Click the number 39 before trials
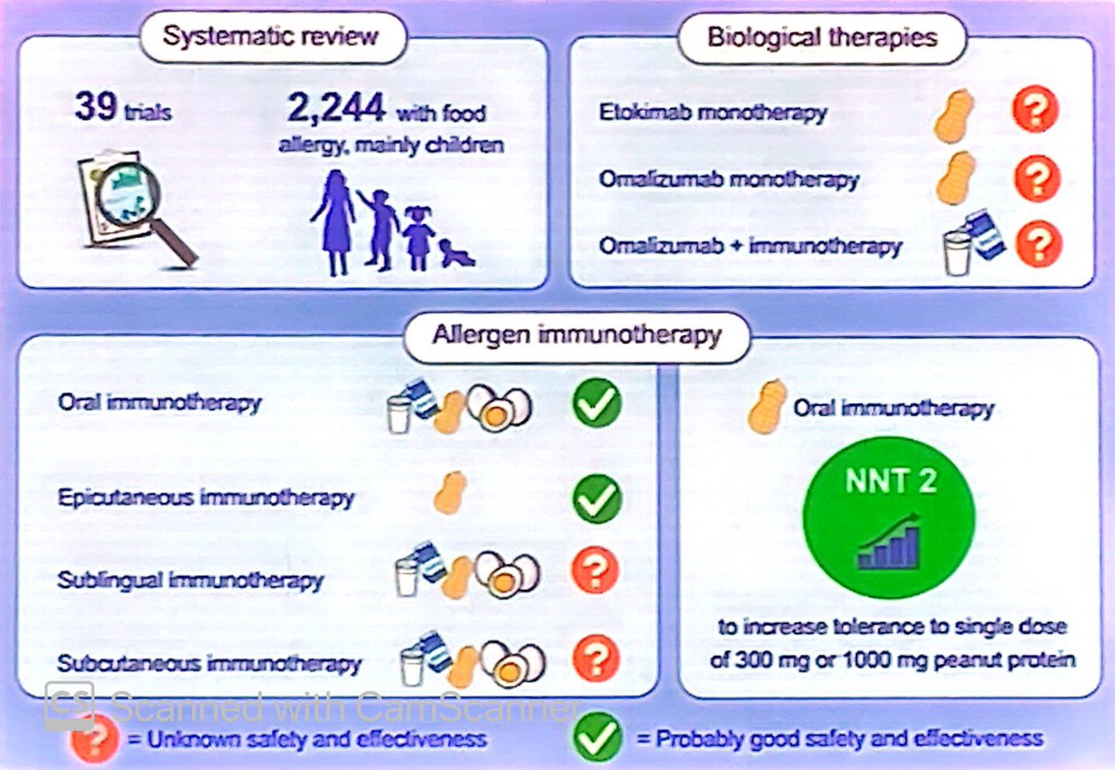96,107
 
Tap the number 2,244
336,107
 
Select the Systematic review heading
270,36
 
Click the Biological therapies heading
822,37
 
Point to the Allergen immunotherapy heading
577,334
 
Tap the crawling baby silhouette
456,253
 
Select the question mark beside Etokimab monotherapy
1035,110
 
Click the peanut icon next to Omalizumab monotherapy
956,178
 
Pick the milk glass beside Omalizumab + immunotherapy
958,253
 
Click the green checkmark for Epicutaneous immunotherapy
597,498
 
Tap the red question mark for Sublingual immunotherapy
596,569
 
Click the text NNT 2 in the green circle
890,481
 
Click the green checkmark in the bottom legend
597,737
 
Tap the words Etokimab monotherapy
713,112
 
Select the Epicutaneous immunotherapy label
206,498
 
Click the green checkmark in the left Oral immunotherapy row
597,403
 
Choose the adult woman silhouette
332,223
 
